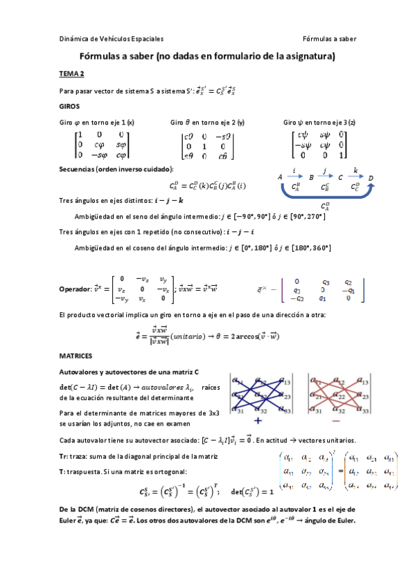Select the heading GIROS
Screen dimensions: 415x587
pos(69,107)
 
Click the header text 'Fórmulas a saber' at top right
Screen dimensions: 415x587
pos(329,39)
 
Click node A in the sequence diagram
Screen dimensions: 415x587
pos(281,177)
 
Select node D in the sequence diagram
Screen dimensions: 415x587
pos(371,177)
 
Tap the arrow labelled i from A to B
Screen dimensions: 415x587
pos(296,175)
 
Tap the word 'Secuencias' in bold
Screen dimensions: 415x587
pos(80,168)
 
